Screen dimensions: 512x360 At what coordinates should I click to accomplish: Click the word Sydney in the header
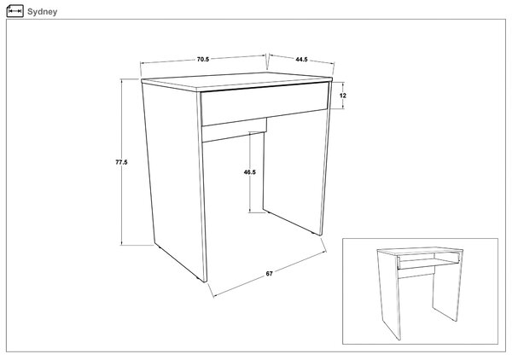tap(42, 12)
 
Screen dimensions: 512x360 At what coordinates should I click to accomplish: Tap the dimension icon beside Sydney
tap(15, 11)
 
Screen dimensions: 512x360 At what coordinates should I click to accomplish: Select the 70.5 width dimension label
tap(203, 60)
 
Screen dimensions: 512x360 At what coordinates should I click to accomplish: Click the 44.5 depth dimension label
tap(301, 60)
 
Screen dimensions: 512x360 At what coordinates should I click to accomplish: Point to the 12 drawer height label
tap(342, 96)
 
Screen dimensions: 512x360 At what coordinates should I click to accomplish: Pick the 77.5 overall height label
tap(121, 162)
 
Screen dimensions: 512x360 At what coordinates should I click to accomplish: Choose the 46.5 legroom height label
tap(250, 172)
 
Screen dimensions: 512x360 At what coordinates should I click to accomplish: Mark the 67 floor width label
tap(269, 274)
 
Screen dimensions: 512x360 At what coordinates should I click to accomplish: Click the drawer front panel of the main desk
tap(265, 104)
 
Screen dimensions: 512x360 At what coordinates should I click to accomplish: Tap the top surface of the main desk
tap(236, 81)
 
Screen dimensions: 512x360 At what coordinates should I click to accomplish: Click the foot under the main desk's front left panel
tap(200, 279)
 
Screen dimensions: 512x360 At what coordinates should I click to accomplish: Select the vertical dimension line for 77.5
tap(121, 162)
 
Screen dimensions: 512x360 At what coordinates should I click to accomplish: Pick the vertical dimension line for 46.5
tap(250, 172)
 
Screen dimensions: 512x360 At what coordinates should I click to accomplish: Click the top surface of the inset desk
tap(420, 250)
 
